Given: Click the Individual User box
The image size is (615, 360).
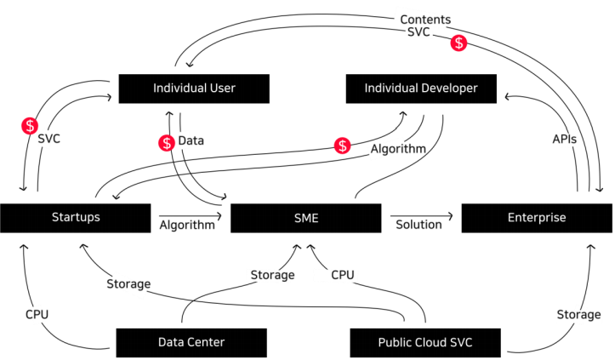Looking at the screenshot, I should point(194,89).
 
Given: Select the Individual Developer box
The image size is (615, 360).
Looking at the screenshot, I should point(421,89).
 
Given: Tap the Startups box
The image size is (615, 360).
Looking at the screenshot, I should point(76,217).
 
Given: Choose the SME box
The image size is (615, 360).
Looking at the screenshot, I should point(305,218).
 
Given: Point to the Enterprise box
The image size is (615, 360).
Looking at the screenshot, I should point(536,218).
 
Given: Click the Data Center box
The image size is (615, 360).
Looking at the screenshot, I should point(191,342).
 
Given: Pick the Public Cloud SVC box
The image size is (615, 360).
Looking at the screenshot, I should point(425,342).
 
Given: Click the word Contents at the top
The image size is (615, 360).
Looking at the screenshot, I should point(426,19).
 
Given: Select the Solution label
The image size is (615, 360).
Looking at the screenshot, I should point(419,225).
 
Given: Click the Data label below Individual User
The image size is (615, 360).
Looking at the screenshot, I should point(191,140).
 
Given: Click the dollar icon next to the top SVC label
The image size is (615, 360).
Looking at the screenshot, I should point(458,43).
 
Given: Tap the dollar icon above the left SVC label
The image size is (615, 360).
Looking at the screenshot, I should point(30,127).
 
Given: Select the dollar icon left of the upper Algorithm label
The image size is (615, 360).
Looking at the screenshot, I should point(342,146).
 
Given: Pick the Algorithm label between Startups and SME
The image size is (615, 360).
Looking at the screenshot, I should point(186,226).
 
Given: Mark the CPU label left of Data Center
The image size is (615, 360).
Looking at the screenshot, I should point(37,314).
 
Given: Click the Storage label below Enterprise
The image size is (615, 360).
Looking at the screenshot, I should point(578,315).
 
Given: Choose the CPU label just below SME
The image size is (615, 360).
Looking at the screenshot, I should point(341,275).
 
